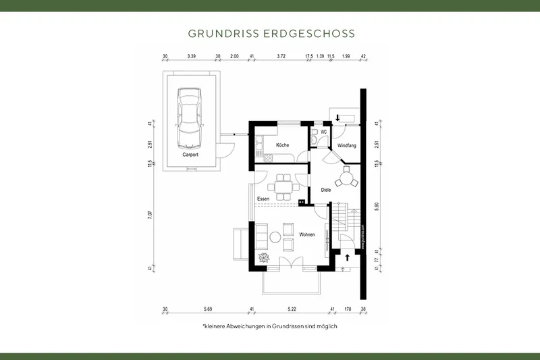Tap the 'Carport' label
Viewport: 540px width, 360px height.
[x=190, y=155]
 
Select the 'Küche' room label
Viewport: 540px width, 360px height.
[x=282, y=145]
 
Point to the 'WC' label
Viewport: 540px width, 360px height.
[x=324, y=131]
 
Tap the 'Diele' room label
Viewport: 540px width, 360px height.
[x=326, y=190]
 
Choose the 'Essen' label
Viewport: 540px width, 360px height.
[x=264, y=198]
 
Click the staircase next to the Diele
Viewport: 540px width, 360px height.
[x=342, y=220]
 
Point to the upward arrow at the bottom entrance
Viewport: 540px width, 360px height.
[x=348, y=257]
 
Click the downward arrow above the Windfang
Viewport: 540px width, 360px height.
[x=337, y=118]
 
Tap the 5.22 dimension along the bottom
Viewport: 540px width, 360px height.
[x=292, y=309]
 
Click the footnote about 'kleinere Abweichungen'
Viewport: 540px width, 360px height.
[x=269, y=326]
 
